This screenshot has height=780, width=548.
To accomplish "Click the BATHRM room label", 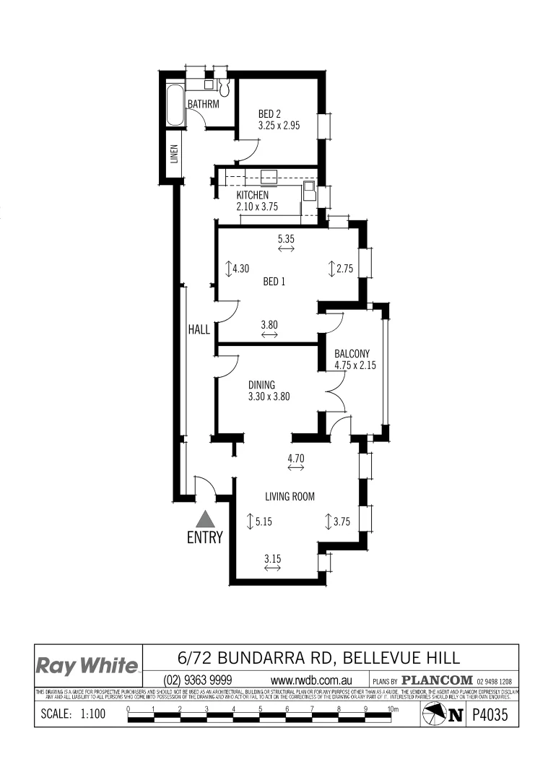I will pos(203,104).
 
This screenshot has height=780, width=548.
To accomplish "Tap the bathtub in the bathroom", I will pos(175,105).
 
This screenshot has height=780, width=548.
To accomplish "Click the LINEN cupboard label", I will pos(174,155).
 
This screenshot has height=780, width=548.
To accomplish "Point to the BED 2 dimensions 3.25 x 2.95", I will pos(279,125).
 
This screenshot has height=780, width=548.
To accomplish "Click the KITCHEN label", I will pos(253,195).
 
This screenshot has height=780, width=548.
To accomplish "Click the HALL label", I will pos(199,329).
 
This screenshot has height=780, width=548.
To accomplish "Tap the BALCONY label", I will pos(352,353).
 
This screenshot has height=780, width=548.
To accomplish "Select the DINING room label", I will pos(261,385).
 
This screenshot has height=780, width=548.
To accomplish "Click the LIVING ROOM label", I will pos(290,496).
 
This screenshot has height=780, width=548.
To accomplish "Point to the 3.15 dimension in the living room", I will pos(272,558).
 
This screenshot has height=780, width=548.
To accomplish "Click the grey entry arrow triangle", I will pos(205,518).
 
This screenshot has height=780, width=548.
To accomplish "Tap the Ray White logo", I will pos(87,665).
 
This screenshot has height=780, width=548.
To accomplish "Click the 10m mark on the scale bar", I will pos(393,710).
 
